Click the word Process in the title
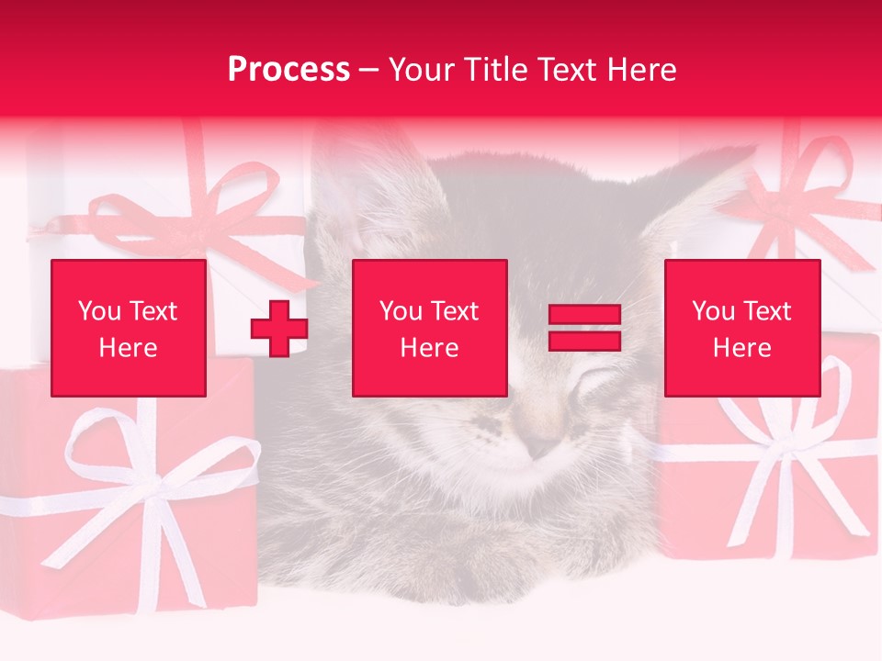click(x=288, y=70)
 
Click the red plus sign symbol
click(x=279, y=329)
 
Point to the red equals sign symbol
click(x=584, y=328)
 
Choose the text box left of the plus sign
click(x=129, y=328)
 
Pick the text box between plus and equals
click(x=430, y=328)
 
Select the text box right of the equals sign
click(x=742, y=328)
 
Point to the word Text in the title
click(x=562, y=70)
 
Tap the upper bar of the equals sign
click(x=584, y=315)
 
